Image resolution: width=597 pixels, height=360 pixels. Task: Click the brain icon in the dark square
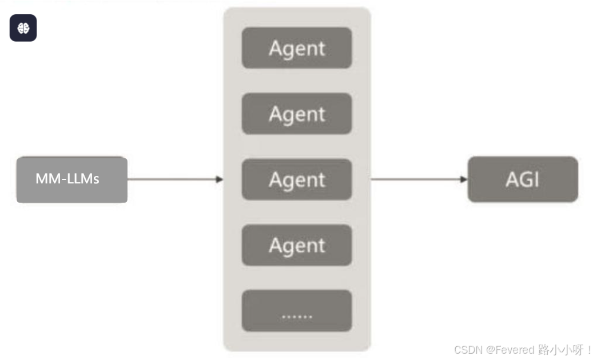click(x=23, y=28)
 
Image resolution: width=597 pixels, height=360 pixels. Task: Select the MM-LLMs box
click(x=71, y=179)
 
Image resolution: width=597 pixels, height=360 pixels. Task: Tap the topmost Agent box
click(x=297, y=48)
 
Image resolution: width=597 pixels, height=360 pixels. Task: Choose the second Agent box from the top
click(x=297, y=114)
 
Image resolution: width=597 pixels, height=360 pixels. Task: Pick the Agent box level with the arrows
click(x=297, y=179)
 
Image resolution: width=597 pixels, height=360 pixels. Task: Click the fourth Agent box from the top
click(x=297, y=245)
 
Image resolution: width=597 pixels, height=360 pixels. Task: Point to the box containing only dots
click(x=297, y=311)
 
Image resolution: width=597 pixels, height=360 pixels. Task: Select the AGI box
click(x=523, y=179)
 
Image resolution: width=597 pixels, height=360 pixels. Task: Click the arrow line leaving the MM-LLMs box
click(x=172, y=179)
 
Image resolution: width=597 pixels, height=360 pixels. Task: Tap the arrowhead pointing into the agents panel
click(x=220, y=179)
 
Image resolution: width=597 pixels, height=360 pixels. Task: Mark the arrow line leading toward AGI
click(x=417, y=179)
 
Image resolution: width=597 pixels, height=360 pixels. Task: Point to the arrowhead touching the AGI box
click(x=464, y=179)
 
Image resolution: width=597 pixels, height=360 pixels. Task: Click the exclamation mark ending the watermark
click(x=590, y=350)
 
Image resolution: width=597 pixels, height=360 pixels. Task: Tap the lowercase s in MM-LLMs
click(x=96, y=180)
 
